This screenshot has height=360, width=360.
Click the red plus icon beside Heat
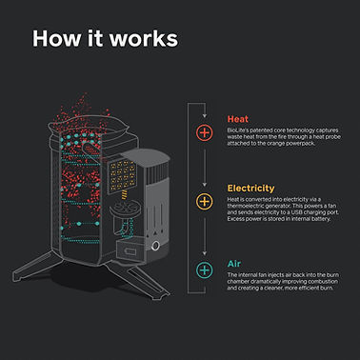202,132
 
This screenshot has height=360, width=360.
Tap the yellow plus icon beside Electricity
202,201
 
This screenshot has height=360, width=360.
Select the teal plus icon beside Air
202,270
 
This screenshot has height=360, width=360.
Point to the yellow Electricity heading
250,188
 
